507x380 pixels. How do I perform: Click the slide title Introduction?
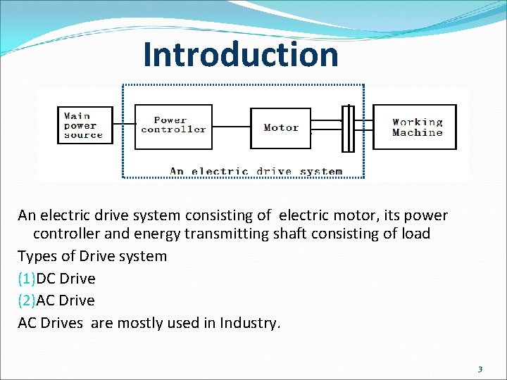(240, 54)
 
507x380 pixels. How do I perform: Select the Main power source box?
(84, 125)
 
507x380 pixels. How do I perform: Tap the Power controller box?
(173, 127)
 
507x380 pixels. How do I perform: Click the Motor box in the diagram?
(281, 128)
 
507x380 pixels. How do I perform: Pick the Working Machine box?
(415, 127)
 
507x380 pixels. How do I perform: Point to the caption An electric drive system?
(256, 171)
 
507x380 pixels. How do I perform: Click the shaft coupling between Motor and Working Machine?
(347, 127)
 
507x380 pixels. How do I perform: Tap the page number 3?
(480, 369)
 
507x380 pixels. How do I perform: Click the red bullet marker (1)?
(27, 279)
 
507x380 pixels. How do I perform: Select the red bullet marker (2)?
(27, 300)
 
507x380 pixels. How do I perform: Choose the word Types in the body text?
(37, 256)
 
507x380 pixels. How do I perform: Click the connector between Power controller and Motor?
(232, 127)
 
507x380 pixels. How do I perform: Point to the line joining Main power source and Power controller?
(124, 125)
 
